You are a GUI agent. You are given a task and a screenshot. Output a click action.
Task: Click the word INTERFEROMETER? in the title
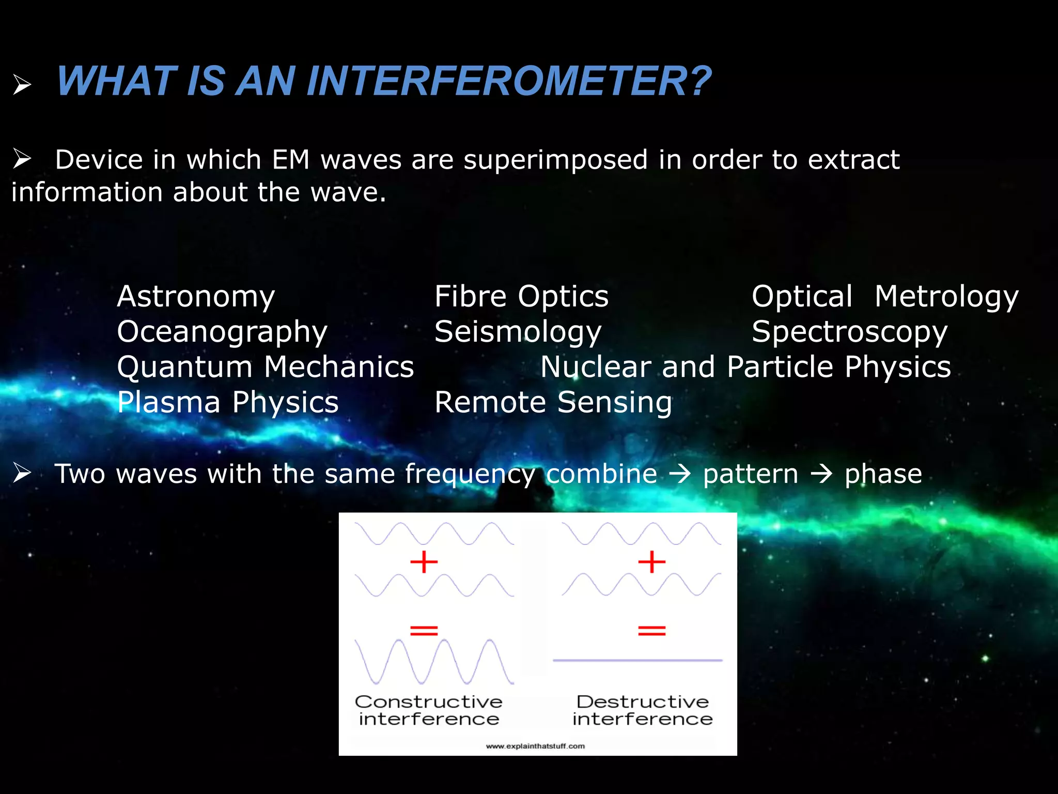point(509,81)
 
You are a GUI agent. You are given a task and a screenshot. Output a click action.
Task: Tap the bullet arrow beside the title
point(22,84)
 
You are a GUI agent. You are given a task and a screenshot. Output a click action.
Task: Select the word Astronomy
point(196,297)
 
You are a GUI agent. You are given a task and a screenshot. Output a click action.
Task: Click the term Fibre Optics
point(521,297)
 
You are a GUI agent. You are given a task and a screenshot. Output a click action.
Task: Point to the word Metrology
point(946,297)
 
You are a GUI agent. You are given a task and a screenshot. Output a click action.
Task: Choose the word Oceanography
point(222,332)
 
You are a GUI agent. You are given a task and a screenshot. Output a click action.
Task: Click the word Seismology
point(518,332)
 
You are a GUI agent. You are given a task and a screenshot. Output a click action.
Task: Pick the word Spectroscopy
point(849,332)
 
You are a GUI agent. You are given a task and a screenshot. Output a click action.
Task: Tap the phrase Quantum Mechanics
point(266,367)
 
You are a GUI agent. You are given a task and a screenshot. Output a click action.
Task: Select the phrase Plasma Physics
point(228,402)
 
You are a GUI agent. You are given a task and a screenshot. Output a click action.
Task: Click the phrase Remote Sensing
point(553,402)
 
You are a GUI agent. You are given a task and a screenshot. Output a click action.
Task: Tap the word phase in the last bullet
point(883,474)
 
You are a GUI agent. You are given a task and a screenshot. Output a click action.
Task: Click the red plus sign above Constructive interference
point(424,562)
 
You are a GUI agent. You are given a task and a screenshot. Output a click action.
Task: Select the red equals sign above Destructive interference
point(651,630)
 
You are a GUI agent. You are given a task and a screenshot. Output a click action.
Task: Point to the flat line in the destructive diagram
point(637,660)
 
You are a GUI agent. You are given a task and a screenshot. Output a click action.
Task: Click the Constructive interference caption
point(429,710)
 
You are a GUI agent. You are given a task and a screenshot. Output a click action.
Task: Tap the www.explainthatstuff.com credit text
point(535,746)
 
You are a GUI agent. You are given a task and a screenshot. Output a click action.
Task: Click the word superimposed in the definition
point(555,160)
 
